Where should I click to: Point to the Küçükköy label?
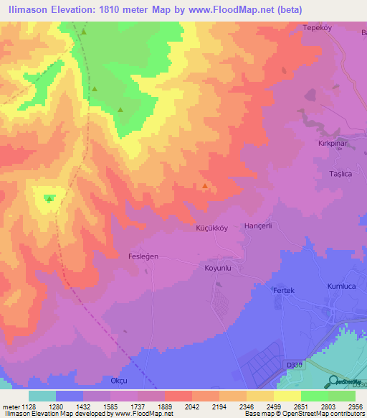pyautogui.click(x=211, y=228)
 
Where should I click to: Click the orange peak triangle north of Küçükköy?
pyautogui.click(x=206, y=187)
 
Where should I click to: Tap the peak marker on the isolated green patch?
pyautogui.click(x=49, y=198)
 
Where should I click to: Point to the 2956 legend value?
pyautogui.click(x=355, y=406)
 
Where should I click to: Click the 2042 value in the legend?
pyautogui.click(x=191, y=406)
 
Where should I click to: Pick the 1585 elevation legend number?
pyautogui.click(x=110, y=406)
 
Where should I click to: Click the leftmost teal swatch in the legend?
pyautogui.click(x=42, y=396)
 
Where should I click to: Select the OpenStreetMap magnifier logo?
pyautogui.click(x=334, y=381)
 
